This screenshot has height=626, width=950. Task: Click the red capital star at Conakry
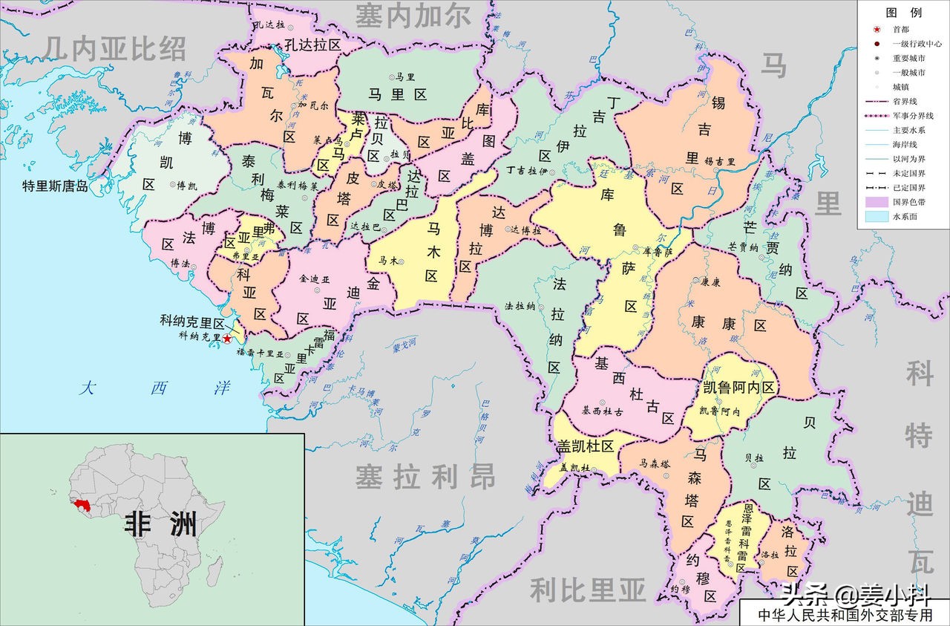[227, 338]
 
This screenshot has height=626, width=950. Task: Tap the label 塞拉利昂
[425, 477]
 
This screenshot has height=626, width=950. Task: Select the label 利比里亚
[587, 590]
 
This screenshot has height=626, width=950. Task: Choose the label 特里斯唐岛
[55, 186]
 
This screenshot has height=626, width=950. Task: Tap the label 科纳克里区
[192, 323]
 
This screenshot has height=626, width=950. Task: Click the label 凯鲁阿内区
[738, 387]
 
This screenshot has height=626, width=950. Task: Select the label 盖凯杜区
[586, 446]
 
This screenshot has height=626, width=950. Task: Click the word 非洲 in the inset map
[160, 523]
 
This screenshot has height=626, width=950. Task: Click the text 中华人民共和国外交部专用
[844, 615]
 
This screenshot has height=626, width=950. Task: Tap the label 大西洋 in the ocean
[156, 388]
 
